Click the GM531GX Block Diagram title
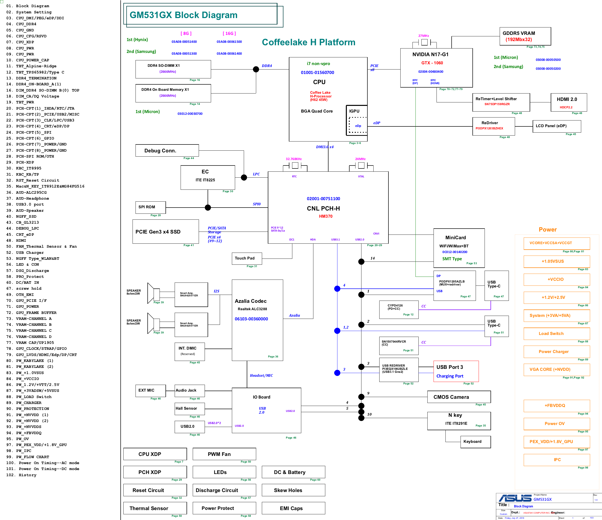coord(183,15)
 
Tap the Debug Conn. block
coord(167,151)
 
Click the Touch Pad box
coord(247,258)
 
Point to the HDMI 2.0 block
coord(569,102)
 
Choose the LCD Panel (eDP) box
coord(556,126)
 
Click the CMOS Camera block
coord(459,397)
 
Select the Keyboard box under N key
coord(475,442)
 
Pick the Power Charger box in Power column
coord(556,352)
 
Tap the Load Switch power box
coord(556,334)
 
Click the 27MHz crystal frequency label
coord(424,36)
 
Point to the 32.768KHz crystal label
coord(294,159)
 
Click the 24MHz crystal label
coord(360,159)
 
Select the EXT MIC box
coord(151,391)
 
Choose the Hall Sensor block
coord(190,409)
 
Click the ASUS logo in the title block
coord(515,498)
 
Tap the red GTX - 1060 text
coord(432,63)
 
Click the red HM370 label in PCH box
coord(326,216)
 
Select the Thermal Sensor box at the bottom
coord(155,508)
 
